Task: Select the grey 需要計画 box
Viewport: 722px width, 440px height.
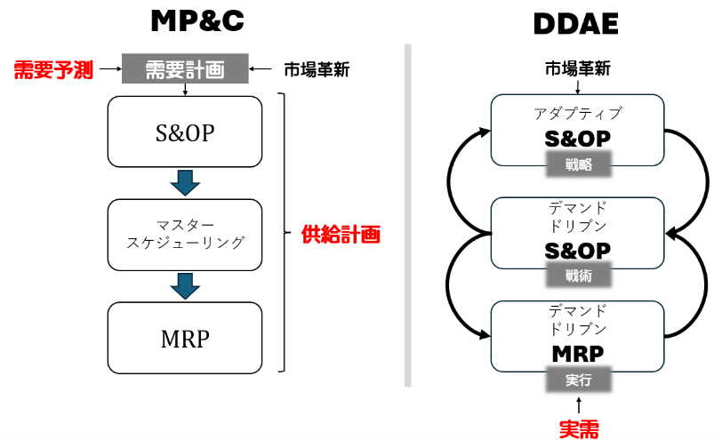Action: [x=185, y=69]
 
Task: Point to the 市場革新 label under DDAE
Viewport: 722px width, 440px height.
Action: [x=578, y=68]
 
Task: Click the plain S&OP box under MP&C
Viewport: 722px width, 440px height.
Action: [x=185, y=133]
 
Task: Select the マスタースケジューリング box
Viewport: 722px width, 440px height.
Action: [x=185, y=235]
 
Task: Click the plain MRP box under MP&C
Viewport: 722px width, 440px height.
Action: [x=185, y=338]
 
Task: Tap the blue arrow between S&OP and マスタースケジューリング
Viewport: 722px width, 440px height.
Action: [x=185, y=182]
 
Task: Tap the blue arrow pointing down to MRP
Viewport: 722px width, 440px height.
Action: [x=185, y=285]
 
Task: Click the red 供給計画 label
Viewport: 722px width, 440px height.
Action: [x=341, y=236]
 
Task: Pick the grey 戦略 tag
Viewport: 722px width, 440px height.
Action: [x=577, y=164]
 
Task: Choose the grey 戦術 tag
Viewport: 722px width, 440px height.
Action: [x=577, y=275]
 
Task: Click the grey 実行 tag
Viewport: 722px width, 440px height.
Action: [x=577, y=380]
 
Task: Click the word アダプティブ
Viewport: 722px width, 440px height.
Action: [x=578, y=114]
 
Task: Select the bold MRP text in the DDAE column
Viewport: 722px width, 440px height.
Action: [x=577, y=353]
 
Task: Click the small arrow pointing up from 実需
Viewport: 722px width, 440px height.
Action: [x=578, y=405]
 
